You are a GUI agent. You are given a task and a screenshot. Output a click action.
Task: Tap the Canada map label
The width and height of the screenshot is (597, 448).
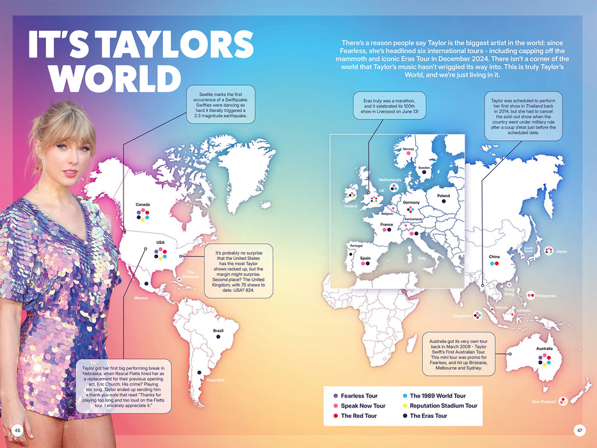143,205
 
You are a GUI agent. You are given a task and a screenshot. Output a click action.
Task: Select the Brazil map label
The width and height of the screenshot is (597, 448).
218,330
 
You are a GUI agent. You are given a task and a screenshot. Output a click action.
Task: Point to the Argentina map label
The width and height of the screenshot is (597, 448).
216,380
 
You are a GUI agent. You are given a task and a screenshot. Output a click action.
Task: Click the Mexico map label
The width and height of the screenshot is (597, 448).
141,298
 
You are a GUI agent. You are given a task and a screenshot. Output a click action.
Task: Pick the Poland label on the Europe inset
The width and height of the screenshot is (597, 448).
443,196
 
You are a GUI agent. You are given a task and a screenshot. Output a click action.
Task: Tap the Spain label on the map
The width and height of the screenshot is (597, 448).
365,259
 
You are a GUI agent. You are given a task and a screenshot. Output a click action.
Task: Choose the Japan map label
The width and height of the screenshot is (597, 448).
561,252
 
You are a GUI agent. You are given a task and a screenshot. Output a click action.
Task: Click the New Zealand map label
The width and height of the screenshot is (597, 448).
543,402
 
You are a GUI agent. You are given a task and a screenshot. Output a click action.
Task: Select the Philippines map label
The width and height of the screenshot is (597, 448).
546,296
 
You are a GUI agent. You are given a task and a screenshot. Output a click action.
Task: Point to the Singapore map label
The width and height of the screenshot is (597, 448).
461,316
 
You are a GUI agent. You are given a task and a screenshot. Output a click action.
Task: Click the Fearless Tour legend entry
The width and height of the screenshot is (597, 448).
359,396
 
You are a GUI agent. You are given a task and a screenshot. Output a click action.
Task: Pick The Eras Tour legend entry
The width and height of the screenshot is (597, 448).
428,416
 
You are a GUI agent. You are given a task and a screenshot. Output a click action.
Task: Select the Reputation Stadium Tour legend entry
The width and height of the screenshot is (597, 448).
443,406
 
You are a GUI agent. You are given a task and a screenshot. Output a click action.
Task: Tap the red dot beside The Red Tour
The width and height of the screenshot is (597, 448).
335,416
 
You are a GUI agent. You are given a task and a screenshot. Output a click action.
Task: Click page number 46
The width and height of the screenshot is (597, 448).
18,430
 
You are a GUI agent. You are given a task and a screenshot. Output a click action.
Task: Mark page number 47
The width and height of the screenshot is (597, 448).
579,430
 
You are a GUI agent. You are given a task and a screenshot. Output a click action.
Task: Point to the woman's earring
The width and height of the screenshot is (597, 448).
36,186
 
